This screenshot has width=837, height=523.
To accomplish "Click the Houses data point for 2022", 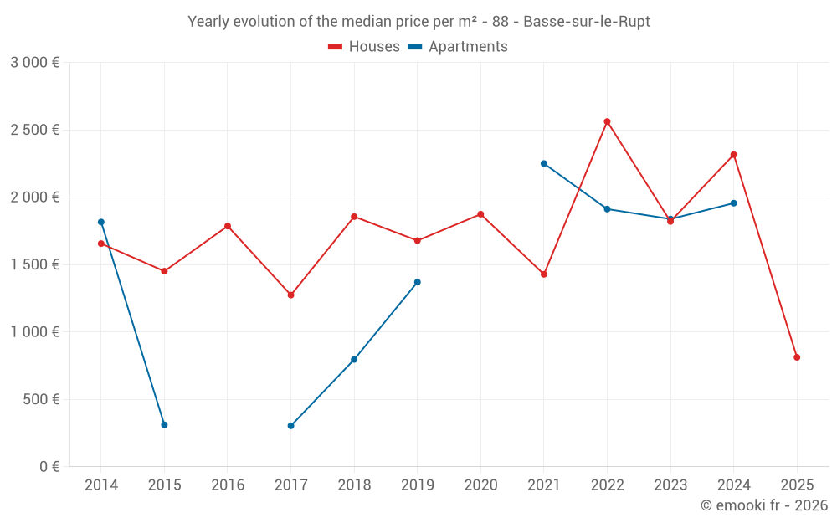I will click(607, 121).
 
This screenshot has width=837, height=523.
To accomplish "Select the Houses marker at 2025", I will click(797, 357).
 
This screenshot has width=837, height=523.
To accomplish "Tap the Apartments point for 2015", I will click(164, 425).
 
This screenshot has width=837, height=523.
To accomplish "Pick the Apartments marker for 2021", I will click(544, 163).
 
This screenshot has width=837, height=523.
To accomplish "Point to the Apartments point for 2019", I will click(418, 282).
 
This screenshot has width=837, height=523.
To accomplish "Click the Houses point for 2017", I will click(290, 295).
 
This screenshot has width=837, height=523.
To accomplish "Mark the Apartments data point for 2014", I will click(101, 222).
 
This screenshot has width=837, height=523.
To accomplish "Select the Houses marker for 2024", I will click(734, 155).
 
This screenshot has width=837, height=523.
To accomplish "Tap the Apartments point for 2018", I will click(354, 360).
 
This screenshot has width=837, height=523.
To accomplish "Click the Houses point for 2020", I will click(480, 214).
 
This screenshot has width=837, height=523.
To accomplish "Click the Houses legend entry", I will click(364, 47).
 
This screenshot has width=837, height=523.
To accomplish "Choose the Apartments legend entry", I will click(458, 47).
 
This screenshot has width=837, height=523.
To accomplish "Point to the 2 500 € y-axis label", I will click(35, 130).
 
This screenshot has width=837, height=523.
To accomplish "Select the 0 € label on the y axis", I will click(49, 466).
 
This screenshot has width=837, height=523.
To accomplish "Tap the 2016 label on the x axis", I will click(228, 485).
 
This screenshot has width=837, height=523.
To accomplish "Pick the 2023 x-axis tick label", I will click(670, 485).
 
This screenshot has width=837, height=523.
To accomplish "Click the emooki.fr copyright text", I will click(763, 505).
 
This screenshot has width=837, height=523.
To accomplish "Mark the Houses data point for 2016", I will click(228, 226).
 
